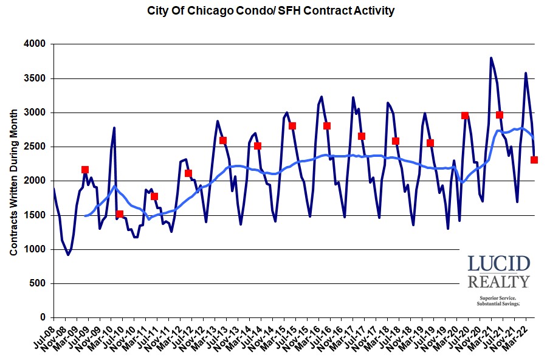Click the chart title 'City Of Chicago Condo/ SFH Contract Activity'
tap(271, 10)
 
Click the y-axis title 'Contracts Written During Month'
tap(13, 181)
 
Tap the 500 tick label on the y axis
tap(38, 283)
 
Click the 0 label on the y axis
tap(44, 317)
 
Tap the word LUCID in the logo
tap(498, 265)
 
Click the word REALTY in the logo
tap(498, 282)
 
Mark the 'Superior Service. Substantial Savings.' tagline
tap(498, 301)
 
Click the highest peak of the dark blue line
tap(491, 58)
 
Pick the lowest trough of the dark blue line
tap(68, 255)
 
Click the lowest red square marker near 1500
tap(120, 214)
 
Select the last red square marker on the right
tap(534, 160)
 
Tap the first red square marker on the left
tap(85, 170)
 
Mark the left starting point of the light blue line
tap(85, 216)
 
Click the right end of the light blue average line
tap(534, 139)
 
